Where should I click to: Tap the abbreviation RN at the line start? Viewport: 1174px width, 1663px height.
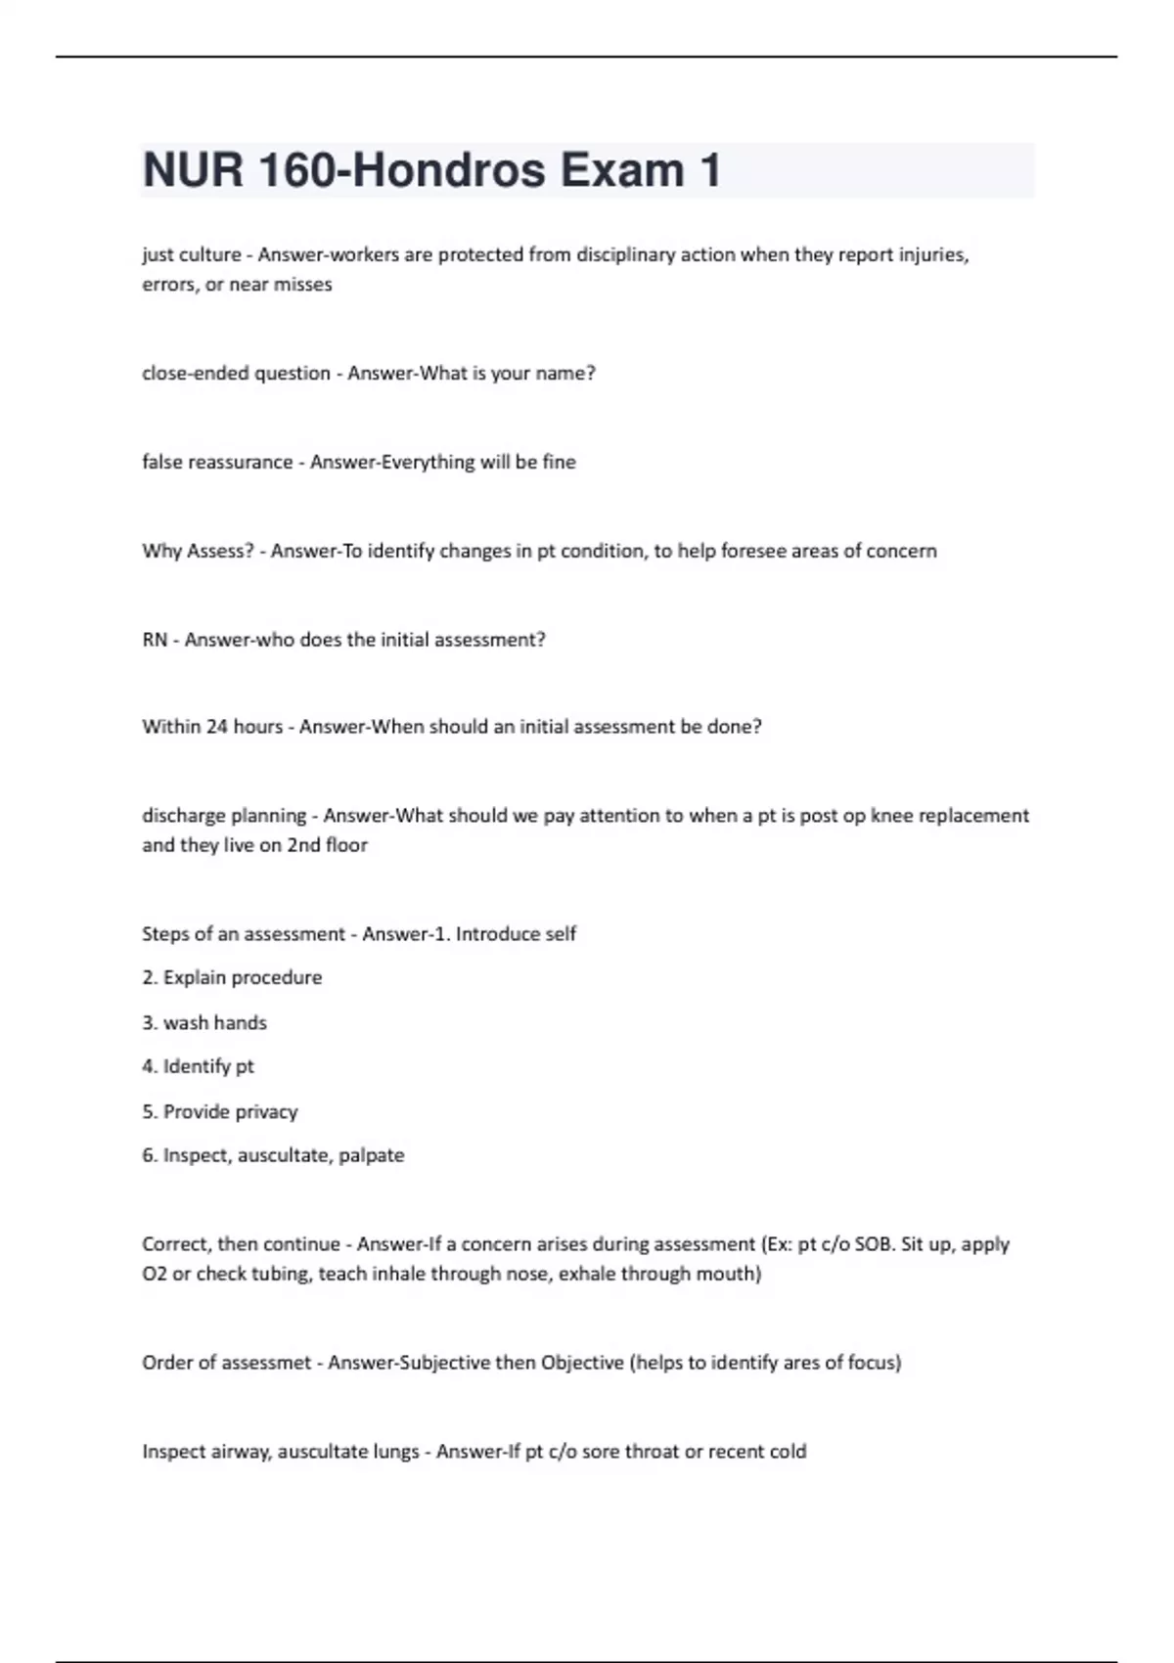coord(155,640)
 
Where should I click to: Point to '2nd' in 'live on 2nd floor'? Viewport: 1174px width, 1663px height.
coord(303,845)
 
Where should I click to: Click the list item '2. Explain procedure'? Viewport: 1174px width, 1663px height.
coord(232,977)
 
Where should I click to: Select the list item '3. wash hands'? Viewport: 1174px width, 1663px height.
coord(204,1022)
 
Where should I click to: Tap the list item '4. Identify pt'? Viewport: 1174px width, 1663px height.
coord(198,1066)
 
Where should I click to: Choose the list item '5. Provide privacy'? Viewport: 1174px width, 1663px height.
coord(220,1111)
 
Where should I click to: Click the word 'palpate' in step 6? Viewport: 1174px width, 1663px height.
coord(372,1155)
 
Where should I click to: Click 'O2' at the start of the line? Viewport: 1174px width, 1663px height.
coord(155,1274)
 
